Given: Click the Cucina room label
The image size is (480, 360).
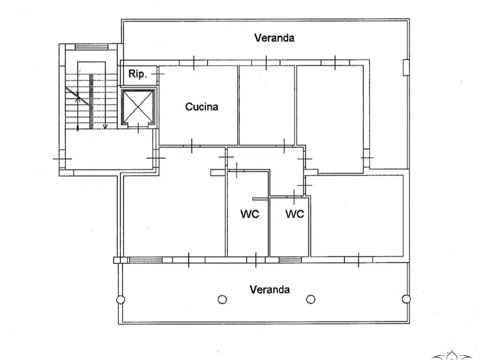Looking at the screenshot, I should click(202, 106).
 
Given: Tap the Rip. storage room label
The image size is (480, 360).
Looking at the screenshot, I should click(138, 75).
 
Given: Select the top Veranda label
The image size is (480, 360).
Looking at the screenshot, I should click(274, 38).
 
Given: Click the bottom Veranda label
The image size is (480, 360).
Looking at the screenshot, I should click(269, 290).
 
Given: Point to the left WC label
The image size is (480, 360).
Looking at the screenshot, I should click(249, 214).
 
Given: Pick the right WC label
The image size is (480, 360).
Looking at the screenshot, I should click(294, 214).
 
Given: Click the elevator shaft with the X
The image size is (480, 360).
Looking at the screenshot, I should click(139, 107).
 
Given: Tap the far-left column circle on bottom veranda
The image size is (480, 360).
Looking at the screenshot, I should click(120, 299).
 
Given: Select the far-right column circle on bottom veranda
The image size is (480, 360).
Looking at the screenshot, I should click(406, 299).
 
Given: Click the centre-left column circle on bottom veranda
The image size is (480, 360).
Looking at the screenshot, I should click(222, 299).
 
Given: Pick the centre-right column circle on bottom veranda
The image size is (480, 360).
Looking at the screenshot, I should click(310, 299).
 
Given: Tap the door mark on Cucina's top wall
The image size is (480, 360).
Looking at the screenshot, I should click(194, 62).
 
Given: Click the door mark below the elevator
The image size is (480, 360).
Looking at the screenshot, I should click(139, 127).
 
